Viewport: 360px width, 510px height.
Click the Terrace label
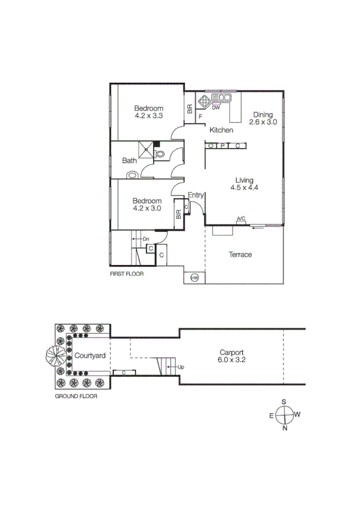coord(240,254)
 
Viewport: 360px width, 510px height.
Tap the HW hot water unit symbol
coord(195,277)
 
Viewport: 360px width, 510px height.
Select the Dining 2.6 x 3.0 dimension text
coord(263,122)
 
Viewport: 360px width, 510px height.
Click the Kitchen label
coord(221,130)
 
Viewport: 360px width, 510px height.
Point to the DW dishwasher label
coord(216,108)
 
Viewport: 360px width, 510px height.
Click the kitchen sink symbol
coord(224,97)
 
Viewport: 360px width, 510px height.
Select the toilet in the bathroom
coord(160,155)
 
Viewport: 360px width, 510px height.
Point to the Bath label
coord(129,161)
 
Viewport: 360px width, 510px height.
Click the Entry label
coord(196,195)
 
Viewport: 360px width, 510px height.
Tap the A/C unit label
coord(241,219)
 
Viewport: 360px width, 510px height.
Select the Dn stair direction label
coord(146,239)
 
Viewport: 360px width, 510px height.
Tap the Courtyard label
coord(90,355)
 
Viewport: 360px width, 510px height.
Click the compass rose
coord(284,415)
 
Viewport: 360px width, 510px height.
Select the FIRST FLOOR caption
coord(126,274)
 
